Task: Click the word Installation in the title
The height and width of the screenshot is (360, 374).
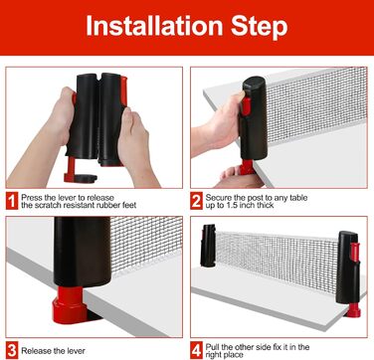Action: pos(154,26)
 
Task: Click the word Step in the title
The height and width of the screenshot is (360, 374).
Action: pos(260,27)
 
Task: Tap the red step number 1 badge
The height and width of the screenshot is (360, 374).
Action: pos(12,201)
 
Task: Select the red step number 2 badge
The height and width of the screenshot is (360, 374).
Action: pos(196,201)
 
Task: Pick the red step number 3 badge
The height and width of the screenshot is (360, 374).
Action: pos(12,351)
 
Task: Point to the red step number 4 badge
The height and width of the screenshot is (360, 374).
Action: pos(196,351)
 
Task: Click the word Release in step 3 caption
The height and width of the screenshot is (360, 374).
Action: pos(36,351)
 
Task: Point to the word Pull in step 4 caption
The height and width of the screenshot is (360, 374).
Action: pos(212,347)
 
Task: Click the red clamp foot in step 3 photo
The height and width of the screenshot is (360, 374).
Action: pos(69,305)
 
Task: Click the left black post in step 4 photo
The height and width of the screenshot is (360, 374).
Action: pos(208,246)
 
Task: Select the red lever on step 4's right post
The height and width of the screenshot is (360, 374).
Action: pos(355,256)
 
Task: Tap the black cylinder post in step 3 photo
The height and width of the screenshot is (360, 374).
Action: pos(82,252)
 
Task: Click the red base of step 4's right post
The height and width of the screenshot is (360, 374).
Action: pos(352,310)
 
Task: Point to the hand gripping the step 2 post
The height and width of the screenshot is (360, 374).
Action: pos(219,127)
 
